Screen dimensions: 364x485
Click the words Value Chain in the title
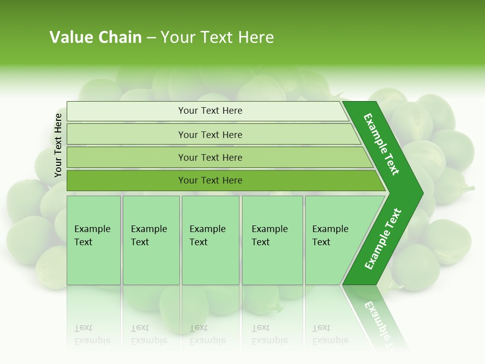pos(95,37)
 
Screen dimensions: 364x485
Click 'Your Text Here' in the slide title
pos(217,37)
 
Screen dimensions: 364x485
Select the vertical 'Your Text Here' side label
pos(58,145)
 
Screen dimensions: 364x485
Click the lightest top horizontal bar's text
pos(210,111)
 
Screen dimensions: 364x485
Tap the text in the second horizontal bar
pos(210,135)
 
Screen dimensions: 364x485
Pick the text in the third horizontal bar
pos(210,158)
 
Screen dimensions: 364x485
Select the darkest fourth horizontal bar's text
pos(210,180)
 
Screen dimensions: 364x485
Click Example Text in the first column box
pos(92,236)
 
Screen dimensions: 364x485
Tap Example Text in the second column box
pos(149,236)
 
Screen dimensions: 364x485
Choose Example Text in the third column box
pos(207,236)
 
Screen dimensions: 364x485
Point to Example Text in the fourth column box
pos(269,236)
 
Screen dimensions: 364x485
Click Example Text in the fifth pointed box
pos(330,236)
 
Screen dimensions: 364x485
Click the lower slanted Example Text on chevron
pos(383,239)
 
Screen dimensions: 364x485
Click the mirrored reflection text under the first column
pos(92,334)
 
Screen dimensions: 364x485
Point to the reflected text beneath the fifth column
pos(330,334)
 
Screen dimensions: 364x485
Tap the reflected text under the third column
pos(207,334)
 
